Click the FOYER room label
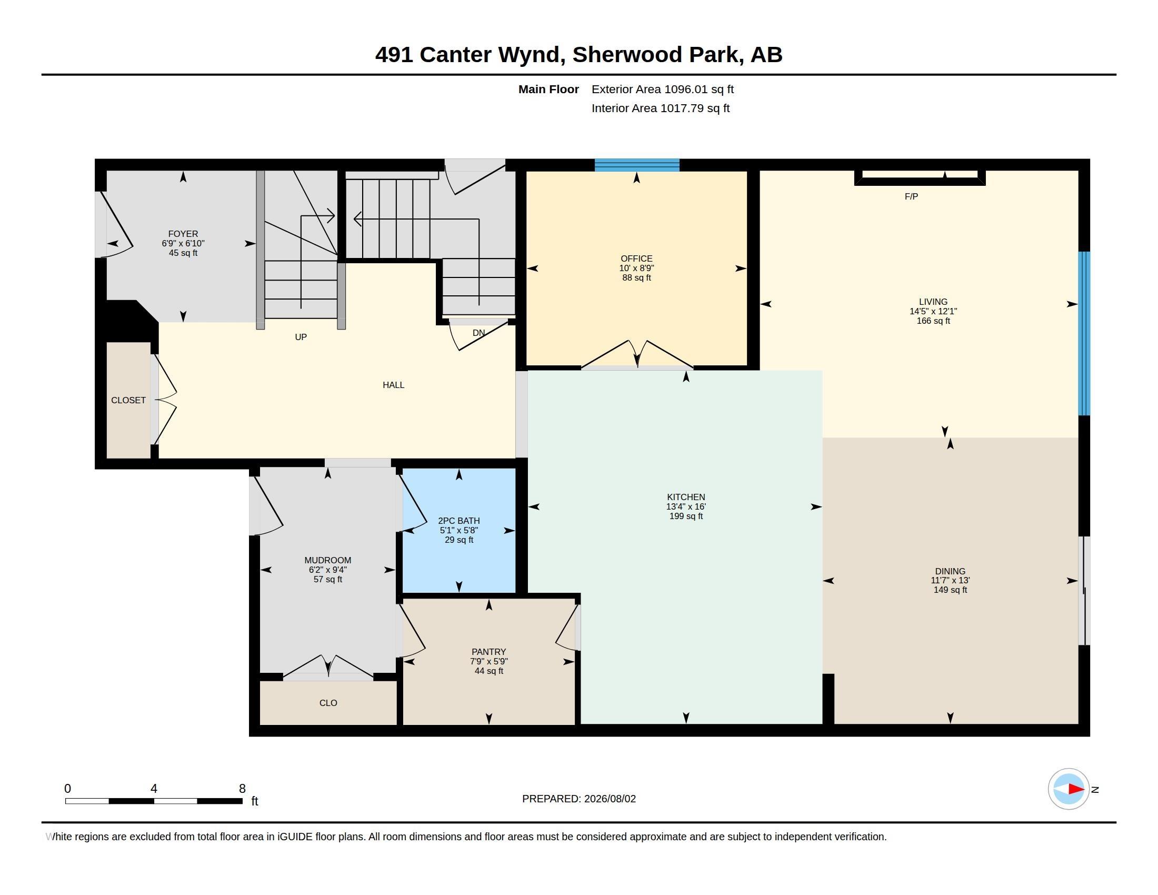coord(183,234)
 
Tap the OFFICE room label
coord(636,258)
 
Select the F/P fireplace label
coord(911,197)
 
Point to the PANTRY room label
coord(488,652)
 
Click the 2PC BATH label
coord(458,521)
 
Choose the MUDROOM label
coord(328,560)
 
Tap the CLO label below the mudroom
coord(328,702)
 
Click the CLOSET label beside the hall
coord(128,400)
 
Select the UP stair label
coord(301,337)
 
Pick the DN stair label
coord(479,333)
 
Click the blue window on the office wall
coord(637,165)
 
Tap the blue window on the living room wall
coord(1084,333)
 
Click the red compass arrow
coord(1076,789)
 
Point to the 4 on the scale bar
coord(154,789)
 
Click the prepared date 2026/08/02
coord(610,799)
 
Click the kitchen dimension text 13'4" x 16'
coord(685,506)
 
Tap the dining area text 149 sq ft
coord(950,590)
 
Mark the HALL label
coord(393,385)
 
